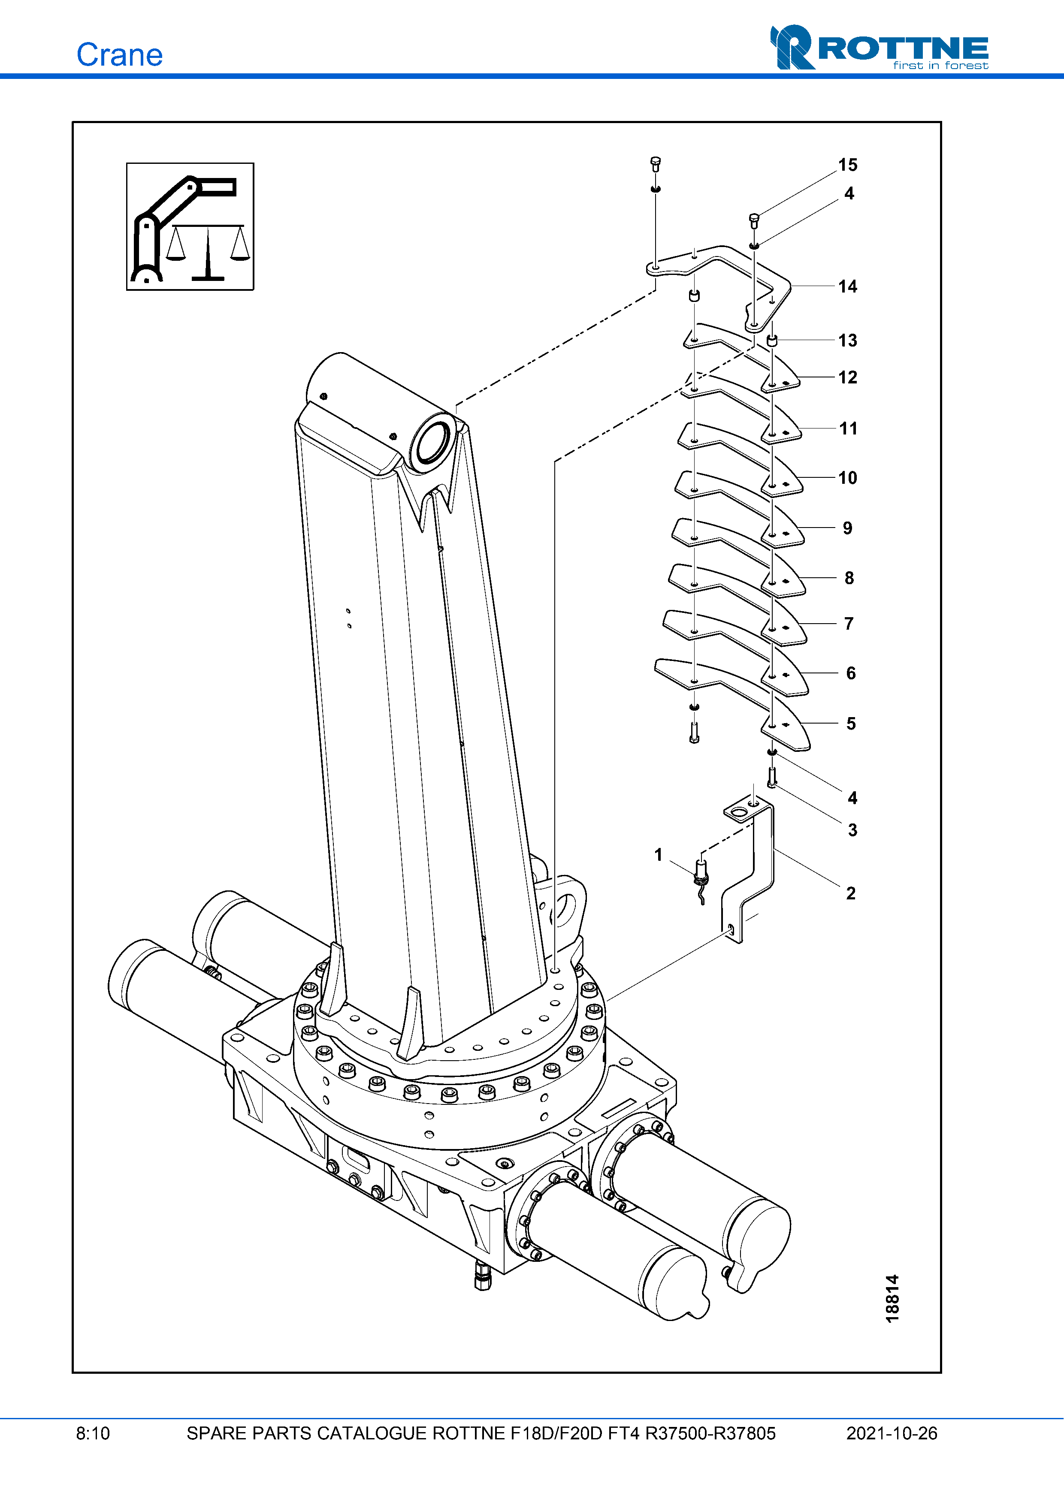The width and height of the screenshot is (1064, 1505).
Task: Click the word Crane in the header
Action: click(119, 55)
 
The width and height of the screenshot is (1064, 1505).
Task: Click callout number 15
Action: click(848, 165)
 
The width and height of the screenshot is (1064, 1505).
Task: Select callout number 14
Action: click(848, 287)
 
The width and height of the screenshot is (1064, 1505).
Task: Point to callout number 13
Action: click(848, 340)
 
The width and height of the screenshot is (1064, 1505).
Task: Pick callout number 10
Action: click(848, 478)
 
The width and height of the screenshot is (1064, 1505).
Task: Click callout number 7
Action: click(849, 623)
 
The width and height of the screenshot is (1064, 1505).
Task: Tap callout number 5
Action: click(851, 724)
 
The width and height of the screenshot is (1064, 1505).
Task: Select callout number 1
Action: click(658, 855)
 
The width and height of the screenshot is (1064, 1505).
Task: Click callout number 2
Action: click(851, 893)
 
